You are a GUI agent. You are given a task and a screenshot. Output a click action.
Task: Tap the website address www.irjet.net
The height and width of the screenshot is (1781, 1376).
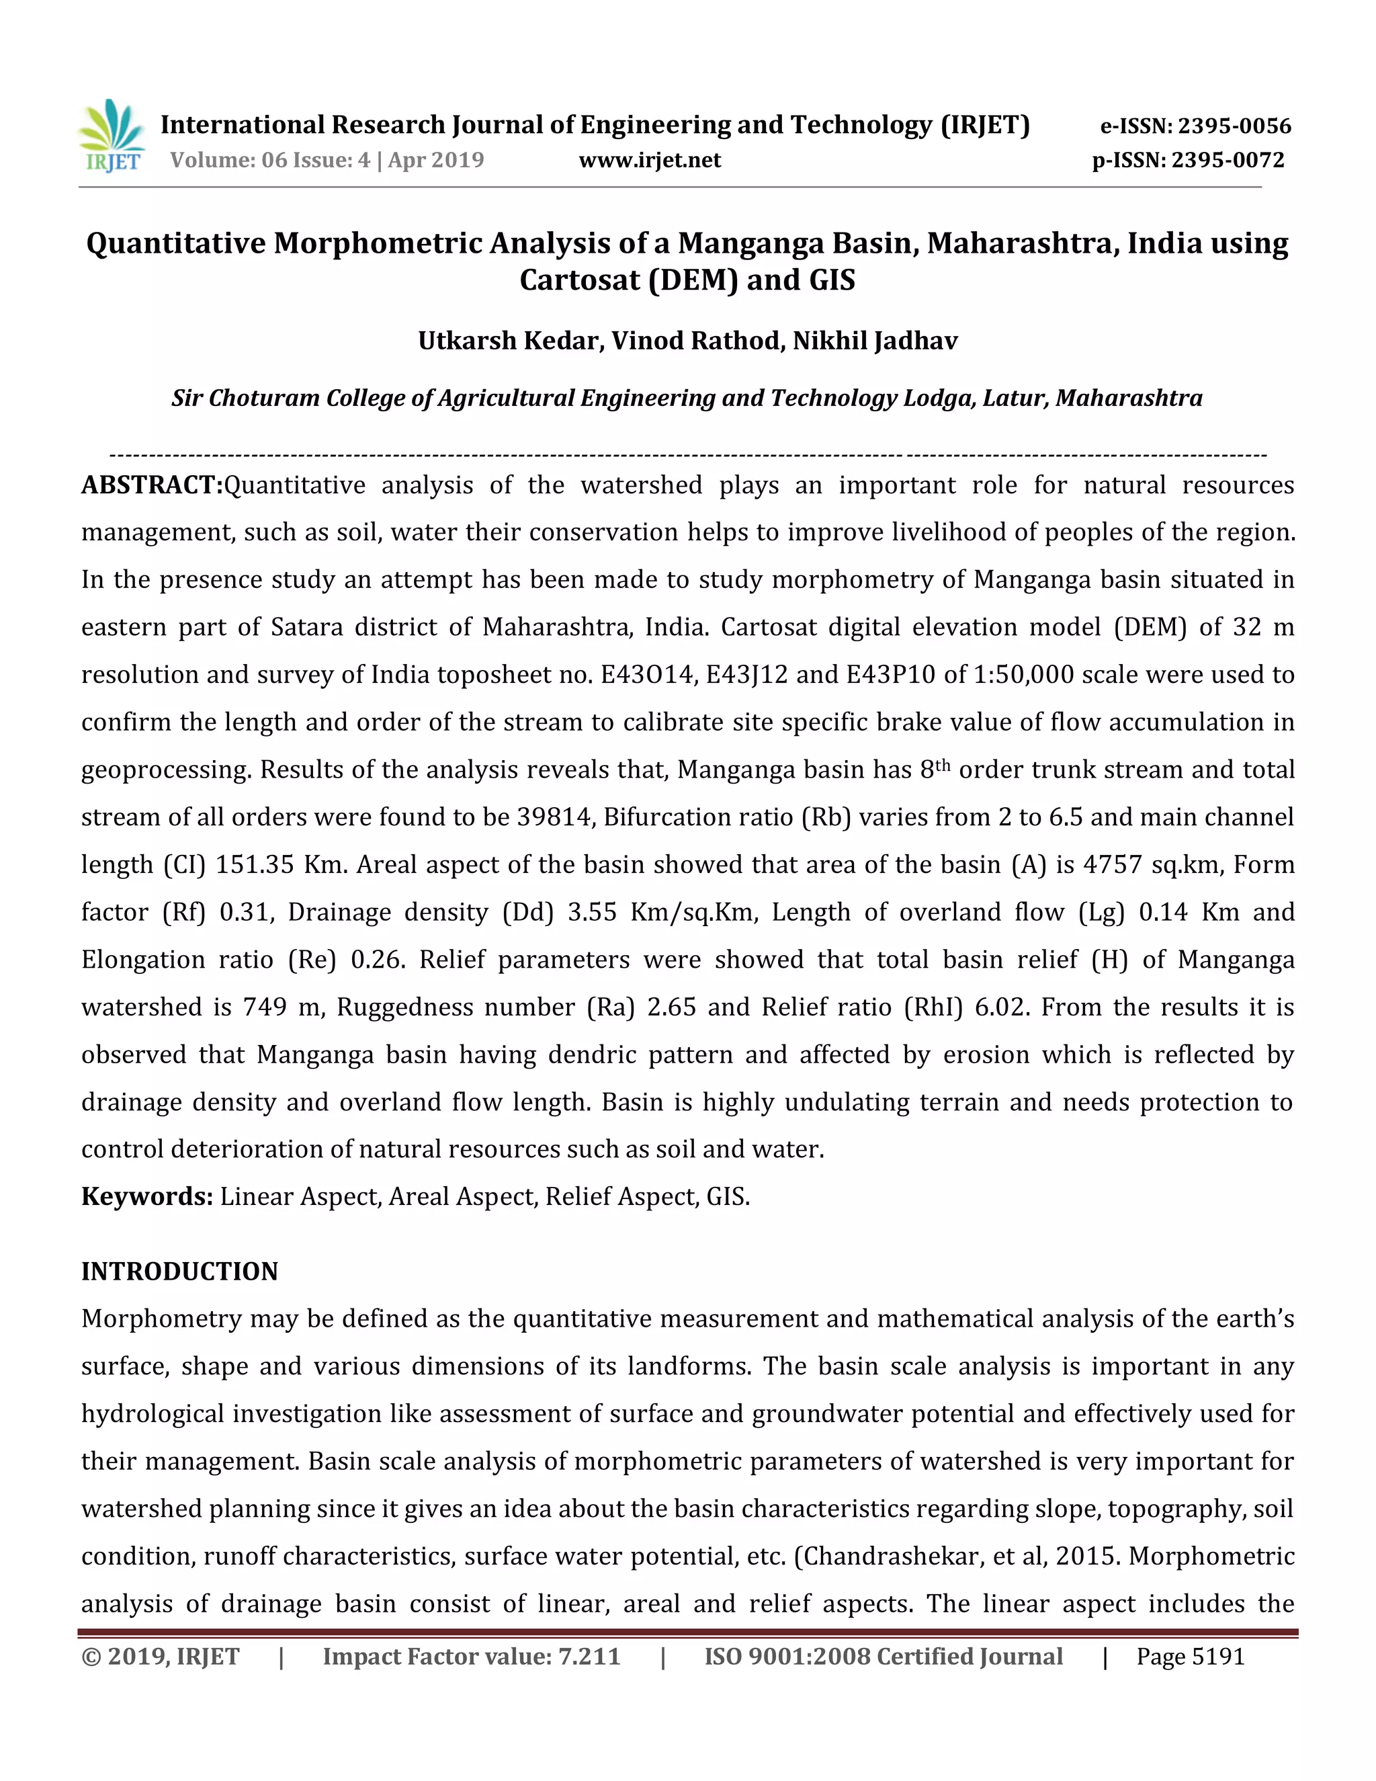pos(650,160)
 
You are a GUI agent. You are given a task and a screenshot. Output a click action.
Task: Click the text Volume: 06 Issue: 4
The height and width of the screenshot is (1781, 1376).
pos(270,160)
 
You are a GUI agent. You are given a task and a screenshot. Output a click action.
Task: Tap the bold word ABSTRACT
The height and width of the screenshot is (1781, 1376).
pos(152,485)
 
